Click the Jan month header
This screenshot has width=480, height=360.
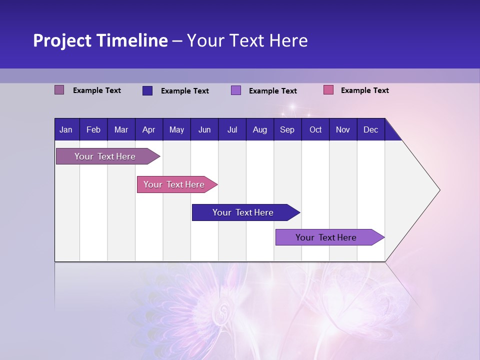click(x=66, y=129)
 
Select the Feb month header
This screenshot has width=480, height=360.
click(x=93, y=129)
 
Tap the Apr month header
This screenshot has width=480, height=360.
click(x=148, y=129)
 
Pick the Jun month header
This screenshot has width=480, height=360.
click(x=204, y=129)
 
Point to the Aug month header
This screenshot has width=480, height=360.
click(x=259, y=129)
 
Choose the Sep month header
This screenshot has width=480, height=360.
click(x=287, y=129)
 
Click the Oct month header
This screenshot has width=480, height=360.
click(x=315, y=129)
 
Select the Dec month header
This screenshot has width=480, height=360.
click(x=370, y=129)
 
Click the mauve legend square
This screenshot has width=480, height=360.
click(x=59, y=90)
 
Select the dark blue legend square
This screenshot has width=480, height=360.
click(x=147, y=90)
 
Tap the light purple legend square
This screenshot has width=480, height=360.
click(x=236, y=90)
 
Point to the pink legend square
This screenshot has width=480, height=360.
click(x=328, y=90)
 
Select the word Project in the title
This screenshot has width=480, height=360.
click(x=61, y=40)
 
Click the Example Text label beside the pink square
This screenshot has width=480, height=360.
click(x=364, y=90)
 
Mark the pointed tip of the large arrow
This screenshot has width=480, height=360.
click(x=439, y=190)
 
